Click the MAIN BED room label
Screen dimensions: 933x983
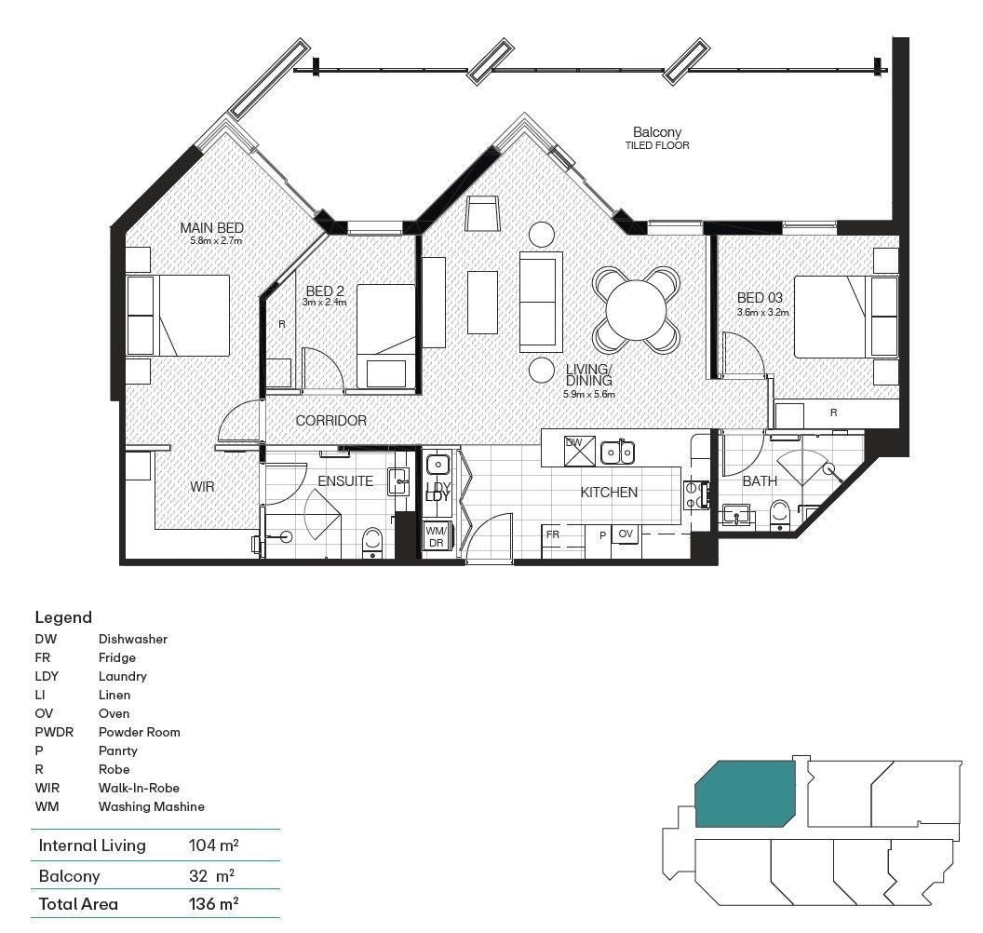pyautogui.click(x=211, y=228)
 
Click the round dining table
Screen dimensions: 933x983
pyautogui.click(x=637, y=308)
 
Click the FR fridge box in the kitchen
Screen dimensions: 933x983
pyautogui.click(x=553, y=535)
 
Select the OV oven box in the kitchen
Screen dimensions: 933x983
pyautogui.click(x=626, y=534)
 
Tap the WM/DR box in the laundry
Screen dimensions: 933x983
pyautogui.click(x=435, y=536)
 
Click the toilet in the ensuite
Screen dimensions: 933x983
pyautogui.click(x=372, y=541)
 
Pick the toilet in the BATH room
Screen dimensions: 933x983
pyautogui.click(x=780, y=513)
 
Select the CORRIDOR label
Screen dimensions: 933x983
pyautogui.click(x=330, y=421)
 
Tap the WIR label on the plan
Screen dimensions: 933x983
pyautogui.click(x=204, y=487)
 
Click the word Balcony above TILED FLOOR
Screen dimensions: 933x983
pyautogui.click(x=657, y=132)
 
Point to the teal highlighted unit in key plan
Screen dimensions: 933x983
pyautogui.click(x=745, y=791)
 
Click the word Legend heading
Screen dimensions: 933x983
pyautogui.click(x=63, y=617)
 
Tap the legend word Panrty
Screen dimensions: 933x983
pyautogui.click(x=117, y=750)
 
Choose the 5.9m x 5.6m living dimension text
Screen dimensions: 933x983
pyautogui.click(x=589, y=394)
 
